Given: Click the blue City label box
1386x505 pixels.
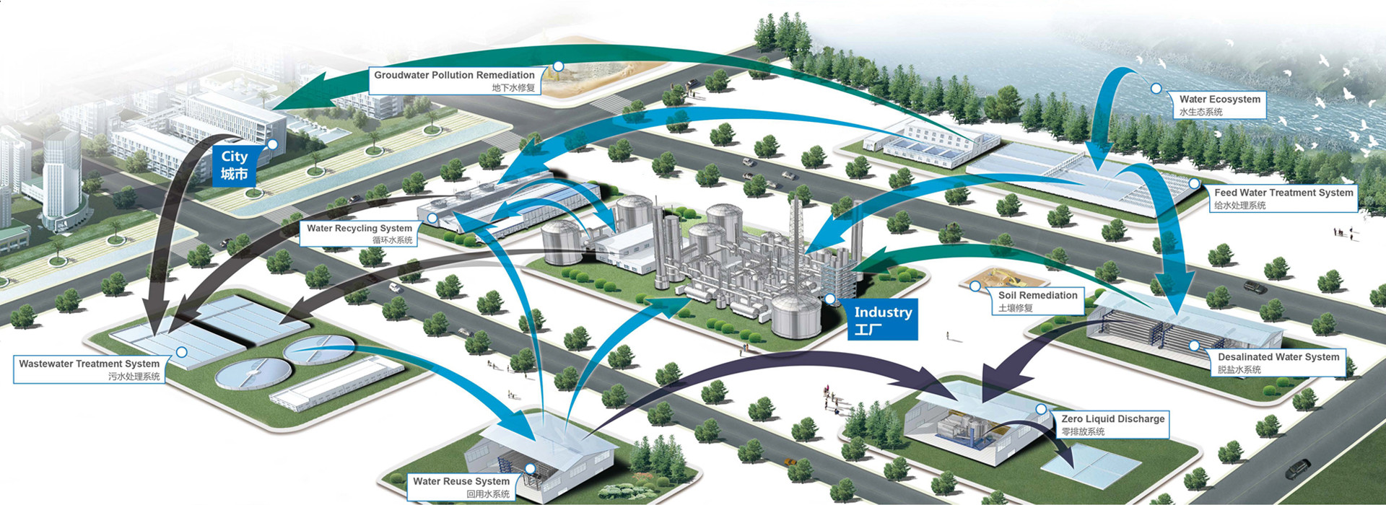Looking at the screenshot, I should pos(235,165).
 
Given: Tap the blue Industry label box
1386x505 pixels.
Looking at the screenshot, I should pos(883,320).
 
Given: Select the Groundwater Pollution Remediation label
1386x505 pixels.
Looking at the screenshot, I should pos(454,80).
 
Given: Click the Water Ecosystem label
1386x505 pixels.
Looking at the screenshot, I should pos(1219,105).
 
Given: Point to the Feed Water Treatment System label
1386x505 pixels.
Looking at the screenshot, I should pos(1283,198).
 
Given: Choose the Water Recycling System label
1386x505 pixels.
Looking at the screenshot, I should pos(359,234).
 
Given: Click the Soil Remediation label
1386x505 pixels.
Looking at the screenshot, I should pos(1037,301).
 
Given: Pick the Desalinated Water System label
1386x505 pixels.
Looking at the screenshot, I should pos(1278,362).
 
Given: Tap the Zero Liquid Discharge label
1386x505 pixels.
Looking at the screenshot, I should pos(1112,424).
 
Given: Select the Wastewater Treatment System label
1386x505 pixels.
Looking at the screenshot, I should pos(89,369).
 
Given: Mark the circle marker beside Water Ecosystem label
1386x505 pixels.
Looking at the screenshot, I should pos(1156,89).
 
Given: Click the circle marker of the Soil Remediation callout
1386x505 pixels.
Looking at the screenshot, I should pos(975,286).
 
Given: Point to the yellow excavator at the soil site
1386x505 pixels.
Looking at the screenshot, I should pos(998,275).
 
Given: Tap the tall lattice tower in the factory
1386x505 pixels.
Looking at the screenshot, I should pos(796,224).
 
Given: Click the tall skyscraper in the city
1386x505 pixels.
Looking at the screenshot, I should pos(61,177).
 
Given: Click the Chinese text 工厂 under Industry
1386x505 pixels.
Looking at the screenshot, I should pos(868,330).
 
